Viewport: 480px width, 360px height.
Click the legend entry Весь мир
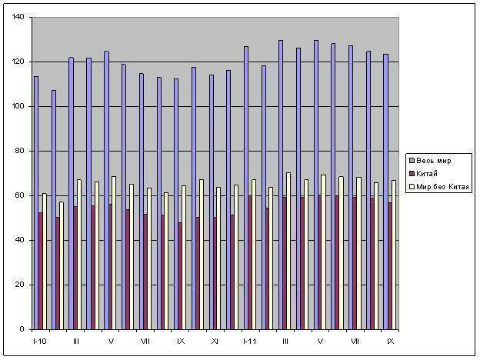click(435, 161)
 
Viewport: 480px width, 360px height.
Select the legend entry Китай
click(430, 174)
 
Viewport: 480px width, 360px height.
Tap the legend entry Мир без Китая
click(442, 187)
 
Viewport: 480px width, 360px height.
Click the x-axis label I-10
click(40, 340)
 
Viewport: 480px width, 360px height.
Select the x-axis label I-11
click(250, 340)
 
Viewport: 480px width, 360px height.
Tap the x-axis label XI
click(215, 340)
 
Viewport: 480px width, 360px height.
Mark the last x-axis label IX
click(390, 340)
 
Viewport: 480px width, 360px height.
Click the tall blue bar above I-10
click(35, 203)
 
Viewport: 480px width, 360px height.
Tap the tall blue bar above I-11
click(246, 188)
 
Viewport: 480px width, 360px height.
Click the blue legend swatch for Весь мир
click(412, 161)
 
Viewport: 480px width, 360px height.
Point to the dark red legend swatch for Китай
click(412, 174)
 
